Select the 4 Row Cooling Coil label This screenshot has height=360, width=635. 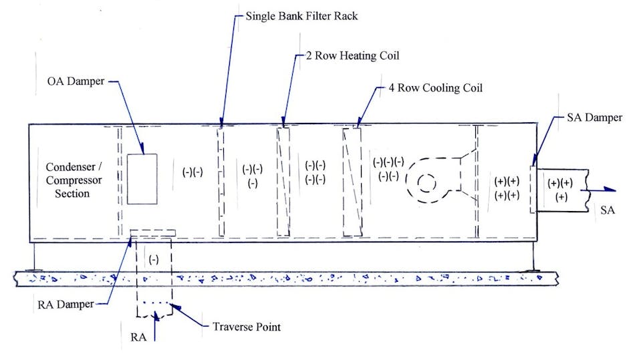click(x=435, y=87)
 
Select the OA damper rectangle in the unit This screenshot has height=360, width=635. click(x=142, y=179)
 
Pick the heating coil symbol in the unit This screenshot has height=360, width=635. click(x=283, y=182)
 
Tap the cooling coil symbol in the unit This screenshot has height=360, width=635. click(x=352, y=182)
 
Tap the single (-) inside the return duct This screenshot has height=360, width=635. click(x=154, y=258)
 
